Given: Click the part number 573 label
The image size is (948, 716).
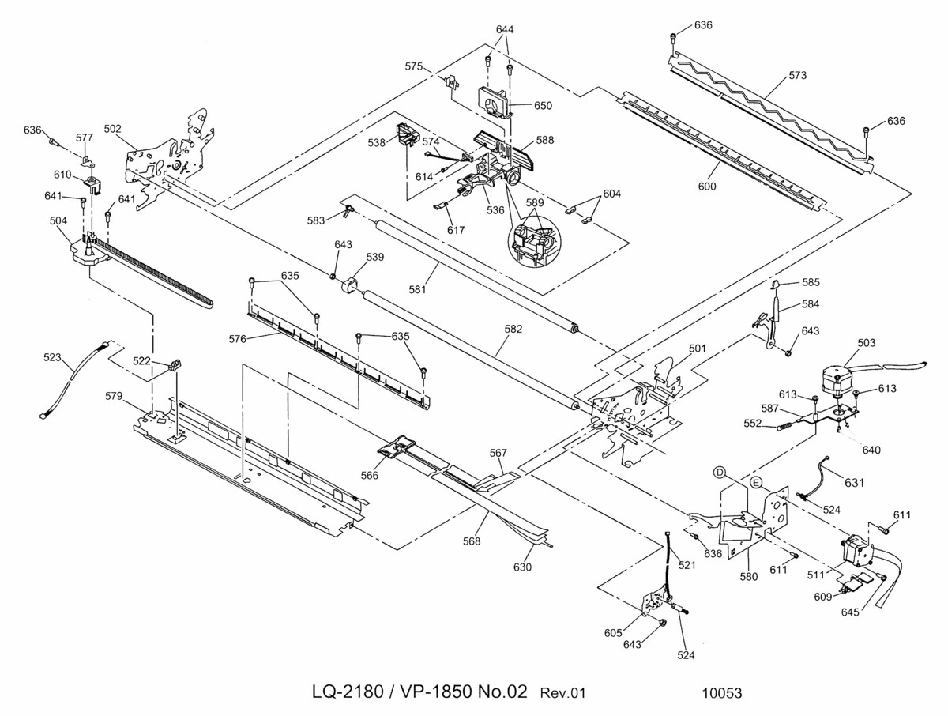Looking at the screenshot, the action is click(x=797, y=75).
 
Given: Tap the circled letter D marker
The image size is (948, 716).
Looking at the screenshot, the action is click(x=720, y=473).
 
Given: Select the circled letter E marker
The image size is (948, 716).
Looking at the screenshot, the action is click(x=756, y=483).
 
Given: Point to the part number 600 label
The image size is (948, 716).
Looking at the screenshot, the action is click(x=706, y=187).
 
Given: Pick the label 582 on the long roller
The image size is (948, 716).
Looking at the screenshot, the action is click(x=513, y=329).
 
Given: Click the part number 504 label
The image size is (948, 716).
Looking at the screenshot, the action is click(x=58, y=220).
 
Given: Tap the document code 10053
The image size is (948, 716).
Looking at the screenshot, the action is click(x=722, y=693).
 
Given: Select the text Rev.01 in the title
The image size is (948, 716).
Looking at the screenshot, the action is click(x=562, y=693).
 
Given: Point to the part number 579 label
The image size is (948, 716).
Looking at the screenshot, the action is click(x=114, y=396).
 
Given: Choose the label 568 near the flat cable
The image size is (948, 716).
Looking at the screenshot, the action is click(x=471, y=541).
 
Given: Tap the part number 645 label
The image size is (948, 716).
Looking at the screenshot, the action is click(x=850, y=612).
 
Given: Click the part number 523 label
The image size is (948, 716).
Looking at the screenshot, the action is click(x=52, y=357).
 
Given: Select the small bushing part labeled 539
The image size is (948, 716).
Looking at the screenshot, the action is click(x=352, y=286).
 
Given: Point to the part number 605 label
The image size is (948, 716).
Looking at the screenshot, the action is click(x=613, y=633).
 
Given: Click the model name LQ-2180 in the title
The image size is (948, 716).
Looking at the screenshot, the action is click(x=348, y=692).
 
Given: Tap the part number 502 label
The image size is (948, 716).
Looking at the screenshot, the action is click(x=113, y=129).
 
